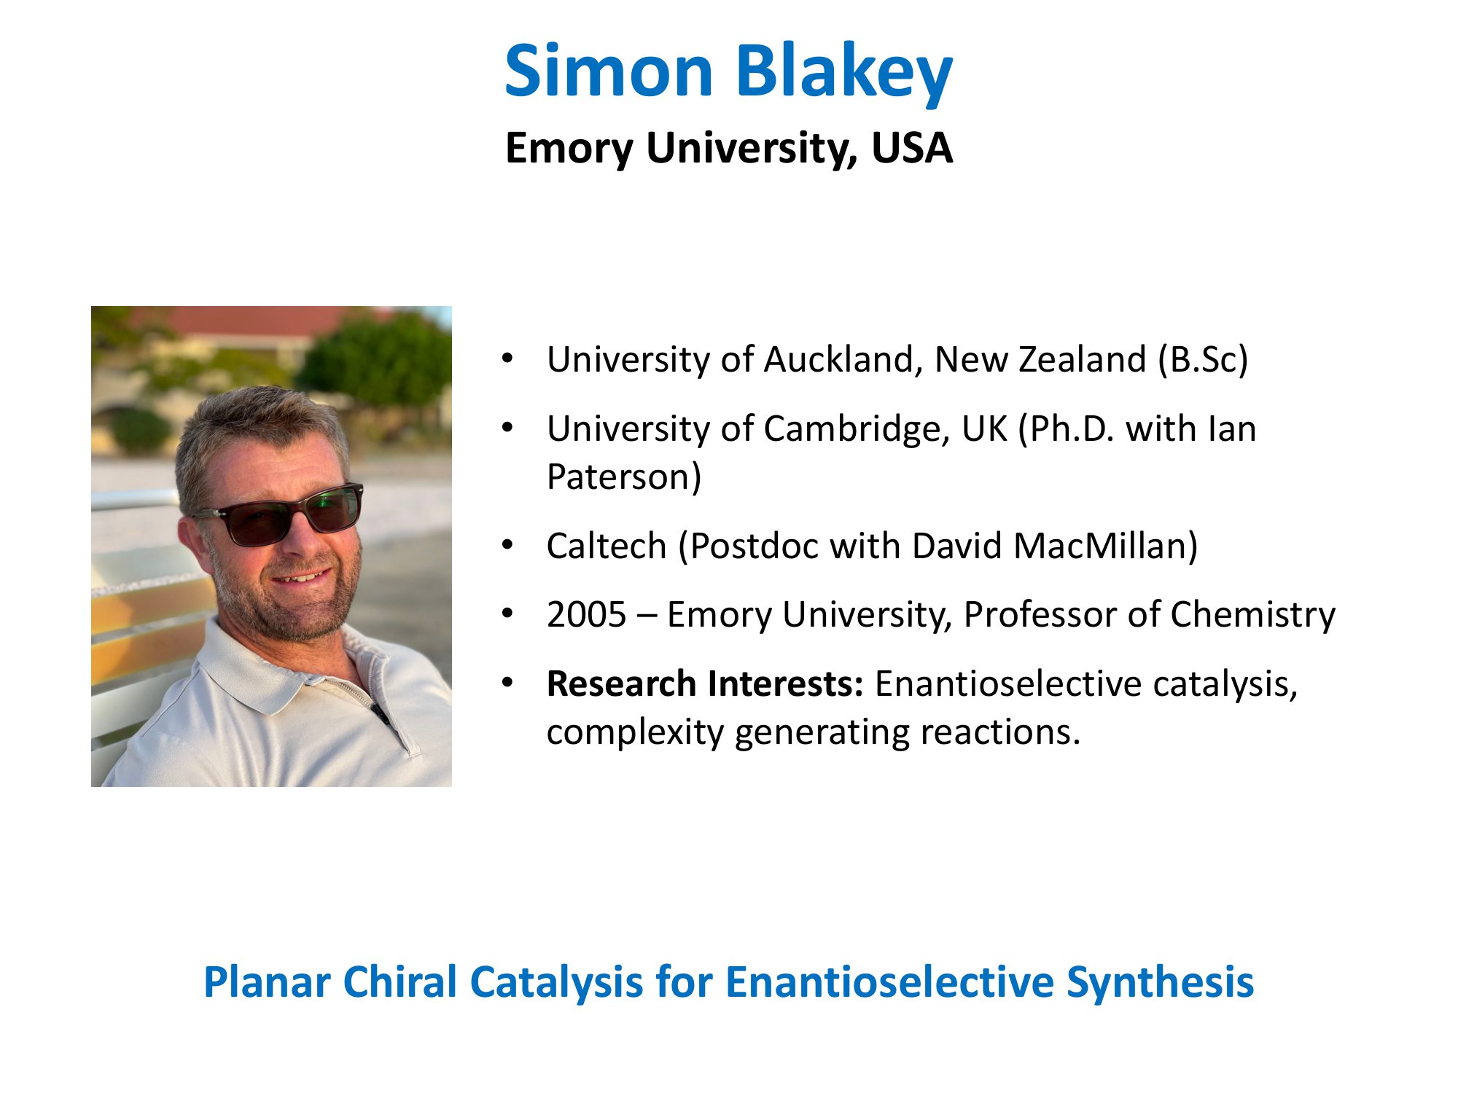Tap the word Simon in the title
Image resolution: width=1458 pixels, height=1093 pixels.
pyautogui.click(x=609, y=71)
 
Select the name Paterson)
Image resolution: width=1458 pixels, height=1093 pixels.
pyautogui.click(x=624, y=477)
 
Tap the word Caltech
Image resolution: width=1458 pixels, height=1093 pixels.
pyautogui.click(x=607, y=546)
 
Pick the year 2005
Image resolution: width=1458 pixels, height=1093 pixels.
pyautogui.click(x=586, y=614)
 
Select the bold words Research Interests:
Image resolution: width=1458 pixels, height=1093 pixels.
pyautogui.click(x=705, y=683)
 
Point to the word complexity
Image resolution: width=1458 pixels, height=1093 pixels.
pyautogui.click(x=635, y=732)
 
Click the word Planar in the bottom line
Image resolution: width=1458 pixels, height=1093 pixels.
pyautogui.click(x=267, y=982)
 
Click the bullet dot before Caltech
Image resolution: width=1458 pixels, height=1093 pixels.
pyautogui.click(x=507, y=545)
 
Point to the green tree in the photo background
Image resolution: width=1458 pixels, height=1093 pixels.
pyautogui.click(x=379, y=357)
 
